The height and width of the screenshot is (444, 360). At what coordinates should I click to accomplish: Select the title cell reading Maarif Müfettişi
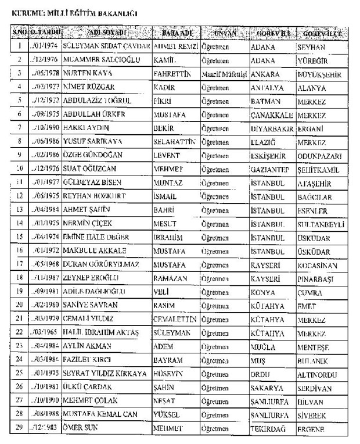point(224,74)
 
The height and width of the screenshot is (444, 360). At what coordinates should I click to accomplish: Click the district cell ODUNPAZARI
point(319,155)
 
